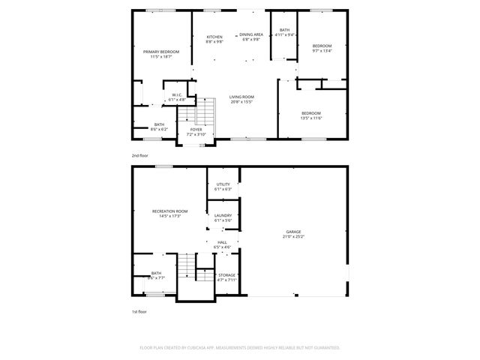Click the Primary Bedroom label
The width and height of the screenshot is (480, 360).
[x=160, y=52]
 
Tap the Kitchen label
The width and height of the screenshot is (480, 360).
[x=214, y=37]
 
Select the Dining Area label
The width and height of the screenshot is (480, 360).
[x=251, y=34]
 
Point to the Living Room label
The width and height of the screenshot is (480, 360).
[x=241, y=97]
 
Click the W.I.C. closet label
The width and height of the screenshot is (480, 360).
[x=176, y=94]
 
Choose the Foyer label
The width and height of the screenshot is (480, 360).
[x=196, y=130]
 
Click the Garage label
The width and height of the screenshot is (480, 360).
[x=293, y=232]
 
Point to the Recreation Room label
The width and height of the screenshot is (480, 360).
[x=169, y=211]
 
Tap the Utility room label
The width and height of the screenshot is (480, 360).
[x=223, y=184]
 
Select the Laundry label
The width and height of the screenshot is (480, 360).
[x=223, y=216]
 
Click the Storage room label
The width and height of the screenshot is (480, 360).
[x=226, y=275]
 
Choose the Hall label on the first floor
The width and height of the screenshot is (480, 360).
[x=223, y=242]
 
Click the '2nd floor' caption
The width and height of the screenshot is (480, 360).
[x=139, y=154]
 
